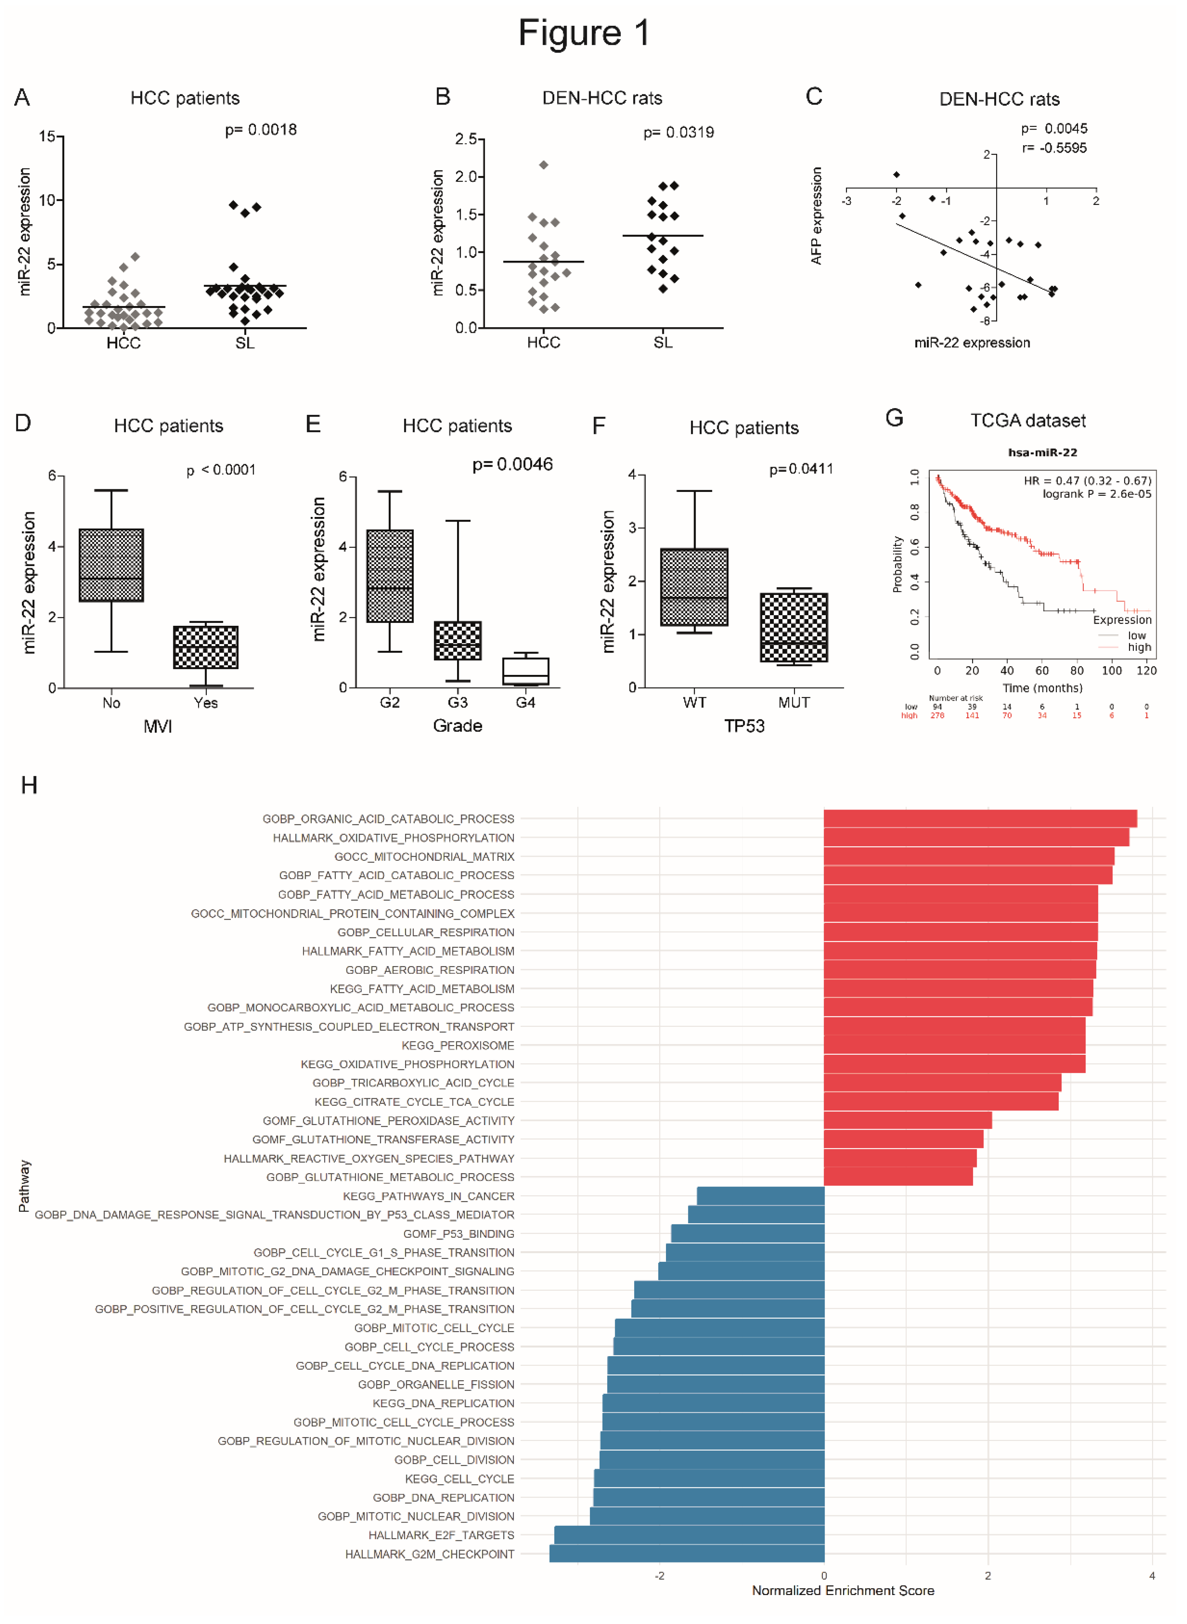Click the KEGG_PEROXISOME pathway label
458,1045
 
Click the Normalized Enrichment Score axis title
843,1590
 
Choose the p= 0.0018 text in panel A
261,130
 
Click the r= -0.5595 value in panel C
1054,148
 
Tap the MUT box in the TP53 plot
794,627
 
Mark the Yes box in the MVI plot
205,647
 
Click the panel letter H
29,785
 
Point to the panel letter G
894,418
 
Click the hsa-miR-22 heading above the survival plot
1042,453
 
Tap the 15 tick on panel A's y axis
47,136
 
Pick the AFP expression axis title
816,216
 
